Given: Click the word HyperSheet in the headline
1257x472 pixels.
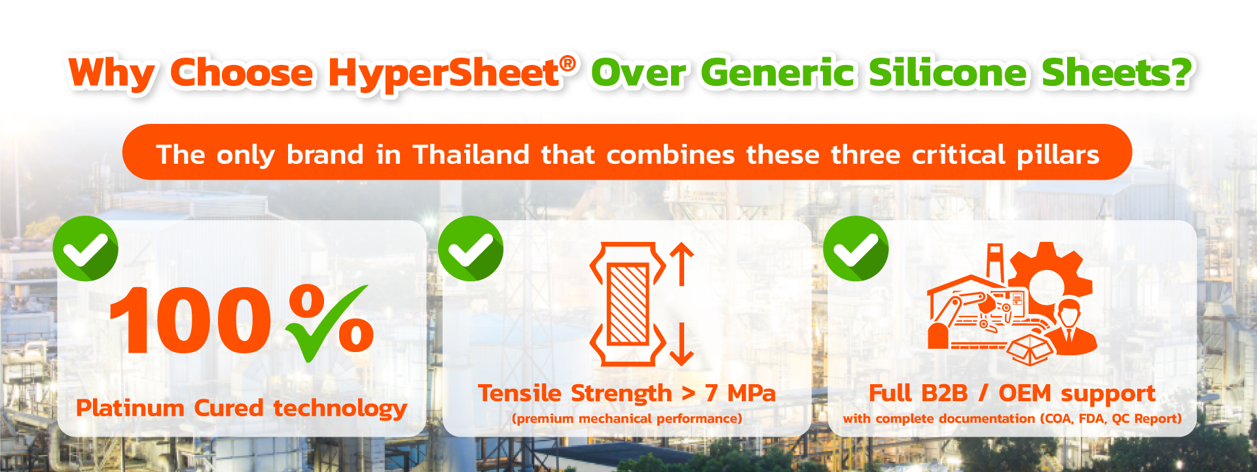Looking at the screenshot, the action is (x=443, y=73).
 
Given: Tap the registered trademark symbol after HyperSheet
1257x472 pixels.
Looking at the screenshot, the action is (x=568, y=63).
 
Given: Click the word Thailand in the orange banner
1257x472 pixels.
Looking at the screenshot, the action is (x=471, y=155).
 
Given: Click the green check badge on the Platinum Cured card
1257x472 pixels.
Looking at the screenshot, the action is (x=85, y=248).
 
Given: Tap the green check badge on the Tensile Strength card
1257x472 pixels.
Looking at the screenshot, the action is (x=470, y=248).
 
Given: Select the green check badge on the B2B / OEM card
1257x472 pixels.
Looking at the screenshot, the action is (x=856, y=248).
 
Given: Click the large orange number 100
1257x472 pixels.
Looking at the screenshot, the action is (x=190, y=321).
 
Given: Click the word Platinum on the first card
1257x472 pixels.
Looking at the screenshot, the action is (x=130, y=408).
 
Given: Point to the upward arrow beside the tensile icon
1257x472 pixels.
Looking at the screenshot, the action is (x=682, y=264).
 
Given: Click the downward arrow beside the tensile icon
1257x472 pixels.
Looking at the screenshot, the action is (x=682, y=344).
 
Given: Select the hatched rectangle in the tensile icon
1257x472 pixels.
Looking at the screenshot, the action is (x=628, y=304).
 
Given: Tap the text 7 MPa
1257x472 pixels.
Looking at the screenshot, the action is (x=740, y=393).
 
